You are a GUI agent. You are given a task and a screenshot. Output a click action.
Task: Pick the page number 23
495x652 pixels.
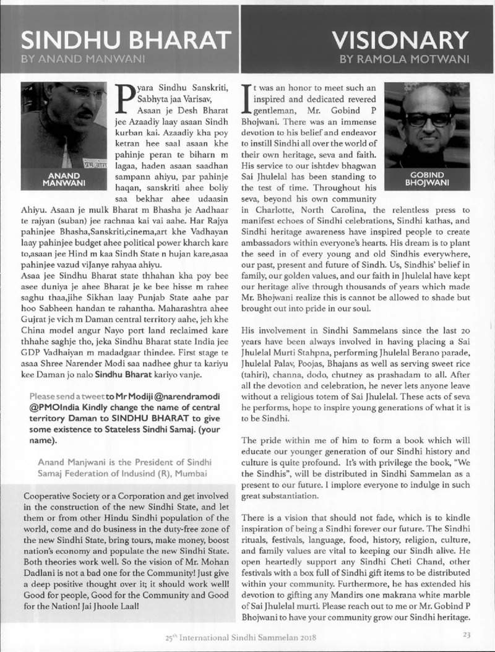point(468,633)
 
